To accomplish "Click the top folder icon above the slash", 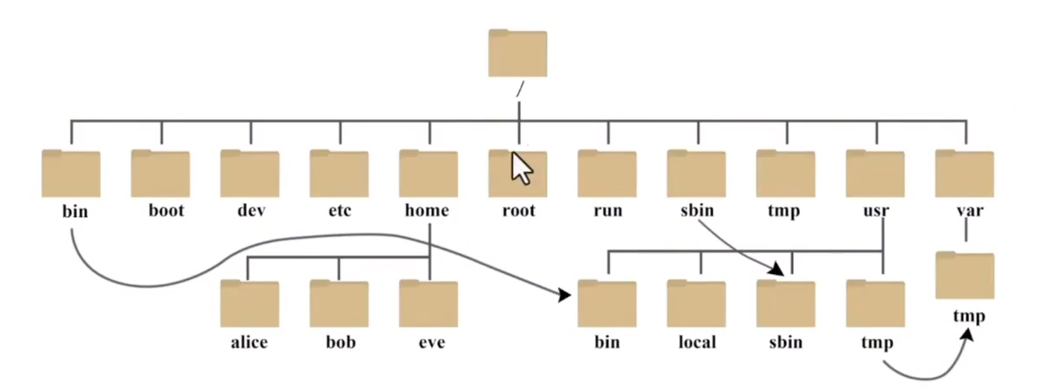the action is (x=517, y=53).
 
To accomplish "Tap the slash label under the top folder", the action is (x=520, y=89).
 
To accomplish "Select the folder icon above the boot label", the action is (x=160, y=174).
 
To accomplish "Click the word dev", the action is (x=251, y=210).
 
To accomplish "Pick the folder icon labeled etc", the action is (x=339, y=174).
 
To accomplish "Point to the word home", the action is (x=427, y=210).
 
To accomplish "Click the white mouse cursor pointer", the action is (x=522, y=169).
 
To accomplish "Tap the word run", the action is (x=608, y=211).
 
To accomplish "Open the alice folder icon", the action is (x=250, y=303).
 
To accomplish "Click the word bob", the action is (x=341, y=341).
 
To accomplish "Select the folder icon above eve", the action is (x=428, y=303).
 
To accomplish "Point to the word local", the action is (x=697, y=341).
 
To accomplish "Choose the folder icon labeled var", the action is (x=965, y=174).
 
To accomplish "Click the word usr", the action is (x=876, y=211).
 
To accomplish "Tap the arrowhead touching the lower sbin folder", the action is (x=776, y=270).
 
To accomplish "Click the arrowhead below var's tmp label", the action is (x=967, y=334).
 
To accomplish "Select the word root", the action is (x=518, y=211).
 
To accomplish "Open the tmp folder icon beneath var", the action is (x=965, y=275).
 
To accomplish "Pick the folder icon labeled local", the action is (x=696, y=303).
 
